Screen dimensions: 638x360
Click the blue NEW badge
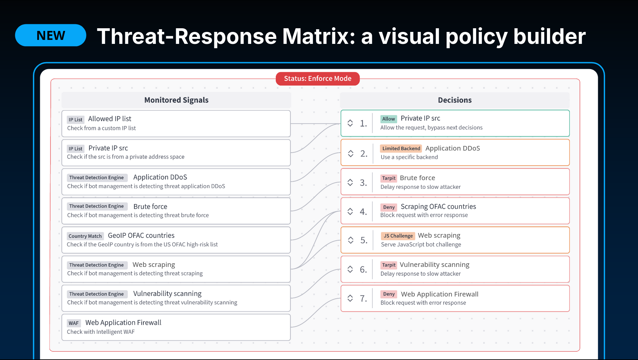(51, 35)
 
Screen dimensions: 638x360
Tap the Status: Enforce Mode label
(318, 78)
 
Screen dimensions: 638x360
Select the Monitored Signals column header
(176, 100)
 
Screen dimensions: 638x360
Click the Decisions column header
(455, 100)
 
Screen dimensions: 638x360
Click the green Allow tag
(388, 119)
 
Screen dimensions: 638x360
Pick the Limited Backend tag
(401, 148)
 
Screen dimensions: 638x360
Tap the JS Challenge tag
(398, 236)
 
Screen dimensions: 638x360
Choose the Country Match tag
(85, 236)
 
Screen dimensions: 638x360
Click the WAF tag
(74, 323)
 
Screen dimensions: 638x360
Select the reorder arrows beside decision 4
(350, 211)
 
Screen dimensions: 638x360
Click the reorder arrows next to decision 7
(350, 298)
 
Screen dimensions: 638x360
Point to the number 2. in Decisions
(364, 154)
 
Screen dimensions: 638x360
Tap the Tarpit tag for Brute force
(389, 178)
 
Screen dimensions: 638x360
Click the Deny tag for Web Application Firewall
(389, 294)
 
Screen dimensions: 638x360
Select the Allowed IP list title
(110, 119)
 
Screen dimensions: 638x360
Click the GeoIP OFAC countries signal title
(141, 235)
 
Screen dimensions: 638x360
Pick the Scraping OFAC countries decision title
(438, 206)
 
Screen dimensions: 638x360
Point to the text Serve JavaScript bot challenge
(421, 244)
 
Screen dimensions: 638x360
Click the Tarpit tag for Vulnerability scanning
(389, 265)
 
